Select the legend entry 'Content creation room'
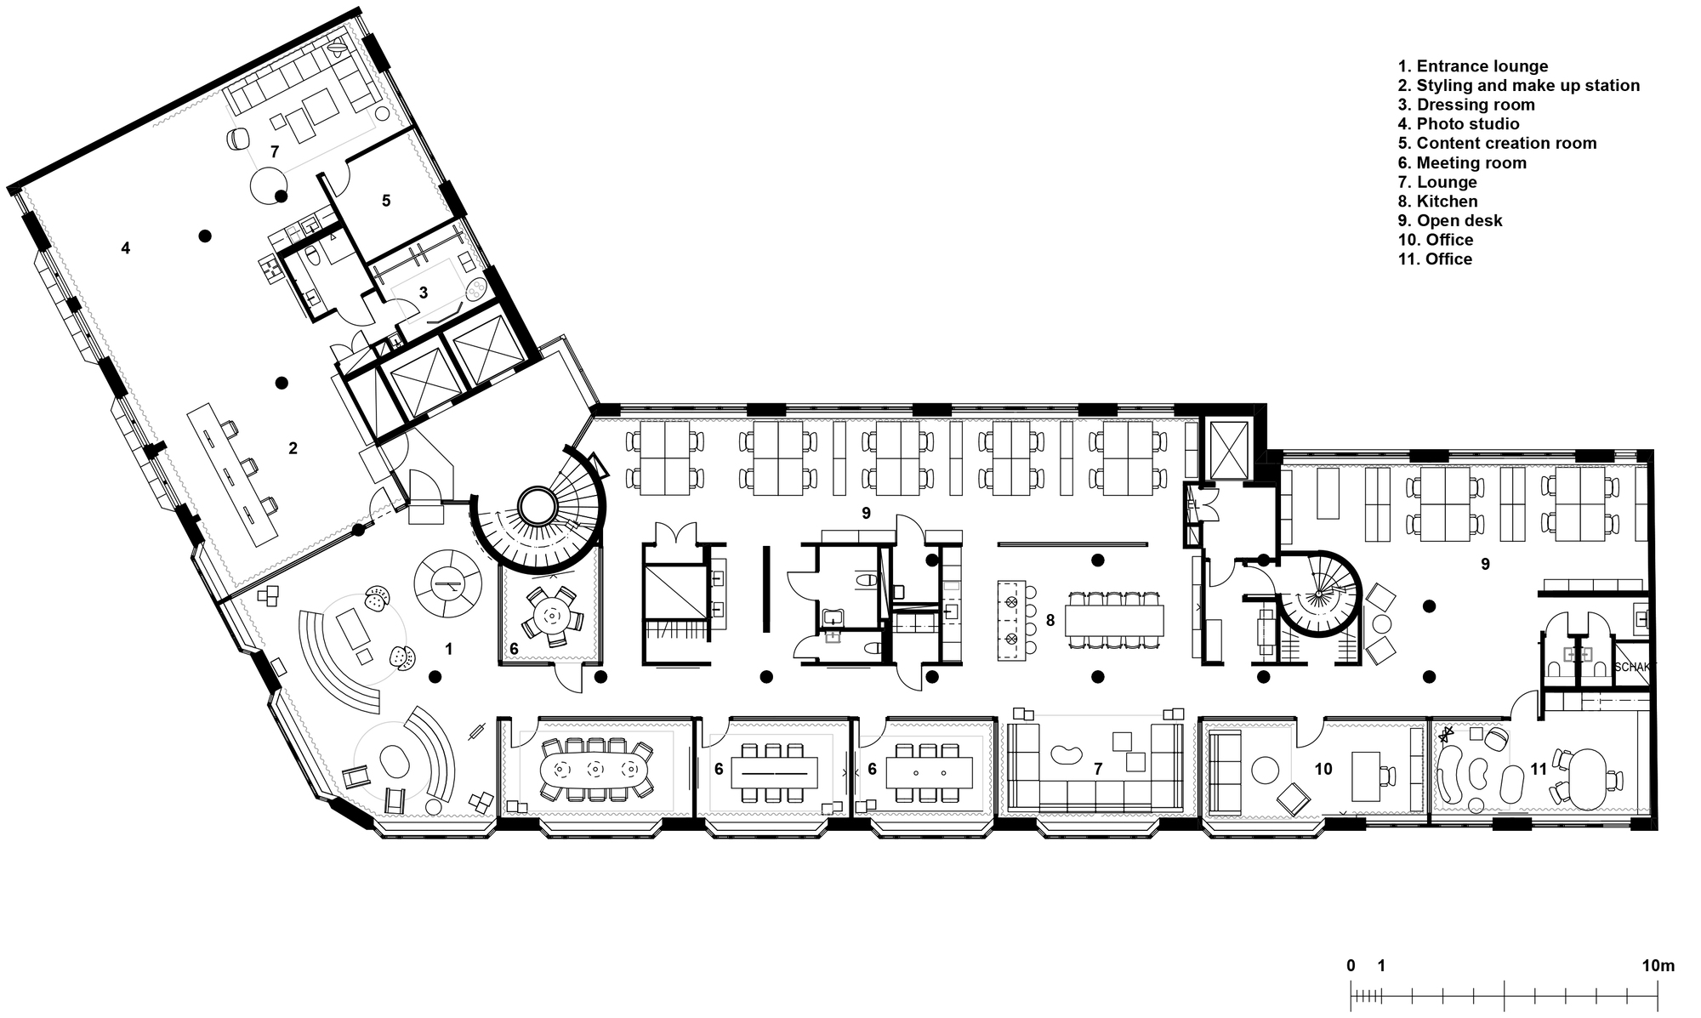pos(1497,144)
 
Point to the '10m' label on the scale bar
pos(1658,965)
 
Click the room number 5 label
pos(386,201)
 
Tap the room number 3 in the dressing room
pos(423,293)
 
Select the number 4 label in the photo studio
pos(126,248)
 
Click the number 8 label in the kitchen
pos(1050,621)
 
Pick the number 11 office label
pos(1539,770)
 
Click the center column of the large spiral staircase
pos(538,507)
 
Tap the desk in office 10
pos(1366,775)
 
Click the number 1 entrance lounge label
pos(448,650)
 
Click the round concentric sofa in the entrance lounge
pos(447,583)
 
